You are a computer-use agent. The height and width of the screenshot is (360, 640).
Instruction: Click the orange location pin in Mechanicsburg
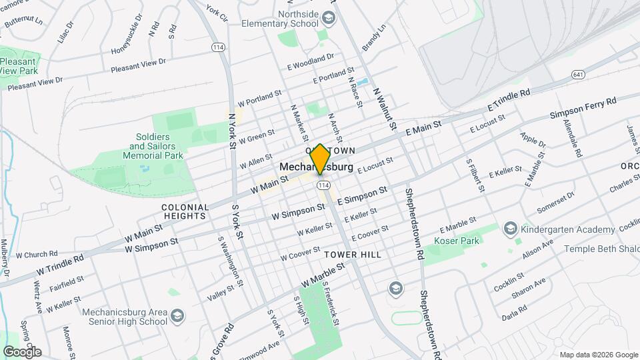click(320, 159)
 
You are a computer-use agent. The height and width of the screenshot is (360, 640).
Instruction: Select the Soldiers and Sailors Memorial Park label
click(156, 146)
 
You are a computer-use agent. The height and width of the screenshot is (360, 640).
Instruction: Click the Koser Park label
click(453, 240)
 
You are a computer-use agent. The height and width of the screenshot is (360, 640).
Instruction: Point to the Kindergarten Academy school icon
click(511, 229)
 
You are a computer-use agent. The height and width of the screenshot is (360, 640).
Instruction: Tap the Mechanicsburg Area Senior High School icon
click(177, 315)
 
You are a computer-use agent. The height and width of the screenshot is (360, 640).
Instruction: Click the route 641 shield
click(578, 75)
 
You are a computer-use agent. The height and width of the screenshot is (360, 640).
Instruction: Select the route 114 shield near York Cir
click(217, 47)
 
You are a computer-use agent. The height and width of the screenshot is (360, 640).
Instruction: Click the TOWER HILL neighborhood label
click(353, 255)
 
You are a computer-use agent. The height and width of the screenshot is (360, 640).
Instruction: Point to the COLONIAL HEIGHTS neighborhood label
click(185, 211)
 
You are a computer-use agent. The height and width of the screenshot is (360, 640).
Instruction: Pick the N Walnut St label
click(385, 108)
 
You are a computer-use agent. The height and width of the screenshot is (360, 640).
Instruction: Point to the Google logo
click(22, 351)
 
